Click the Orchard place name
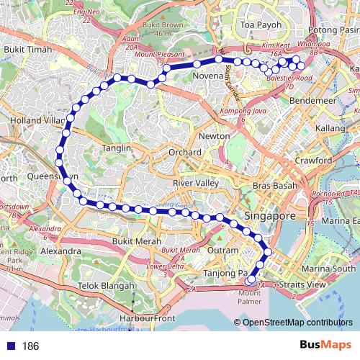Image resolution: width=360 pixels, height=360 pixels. click(186, 153)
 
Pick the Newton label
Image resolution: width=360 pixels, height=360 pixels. click(214, 136)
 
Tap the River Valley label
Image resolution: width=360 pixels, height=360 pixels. click(196, 184)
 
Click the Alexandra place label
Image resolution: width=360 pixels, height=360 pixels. click(61, 251)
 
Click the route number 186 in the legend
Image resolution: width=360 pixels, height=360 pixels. click(30, 346)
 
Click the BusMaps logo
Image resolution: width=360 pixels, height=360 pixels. click(325, 346)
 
